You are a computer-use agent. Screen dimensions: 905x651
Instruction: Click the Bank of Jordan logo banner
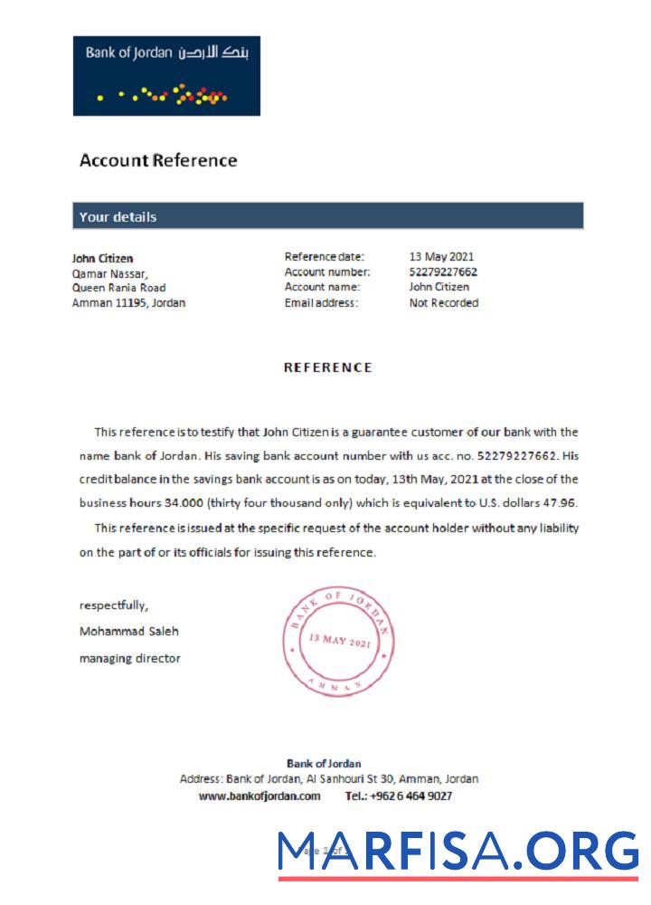166,76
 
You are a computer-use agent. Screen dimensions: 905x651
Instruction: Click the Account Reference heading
158,160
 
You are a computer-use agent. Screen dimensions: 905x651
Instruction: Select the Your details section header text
118,216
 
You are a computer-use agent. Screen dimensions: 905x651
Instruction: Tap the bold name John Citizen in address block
102,258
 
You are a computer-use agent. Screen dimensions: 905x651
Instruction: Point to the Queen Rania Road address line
118,288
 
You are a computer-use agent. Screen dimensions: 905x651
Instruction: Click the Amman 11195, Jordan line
128,303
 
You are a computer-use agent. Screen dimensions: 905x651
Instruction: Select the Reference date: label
324,257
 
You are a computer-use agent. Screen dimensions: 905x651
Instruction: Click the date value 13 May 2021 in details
441,257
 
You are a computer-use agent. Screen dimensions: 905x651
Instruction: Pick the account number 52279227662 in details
443,271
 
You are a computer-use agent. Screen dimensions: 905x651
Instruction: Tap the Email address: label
321,303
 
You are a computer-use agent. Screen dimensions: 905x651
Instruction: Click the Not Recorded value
443,303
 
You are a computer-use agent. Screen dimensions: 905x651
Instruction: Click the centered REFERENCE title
327,367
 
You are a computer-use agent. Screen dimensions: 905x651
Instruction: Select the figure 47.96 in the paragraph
561,502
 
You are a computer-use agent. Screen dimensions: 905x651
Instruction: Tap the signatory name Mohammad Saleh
128,631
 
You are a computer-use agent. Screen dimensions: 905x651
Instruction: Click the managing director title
129,658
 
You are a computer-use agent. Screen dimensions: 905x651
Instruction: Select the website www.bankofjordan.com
259,796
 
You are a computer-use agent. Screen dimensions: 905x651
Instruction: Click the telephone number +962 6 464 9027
411,796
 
